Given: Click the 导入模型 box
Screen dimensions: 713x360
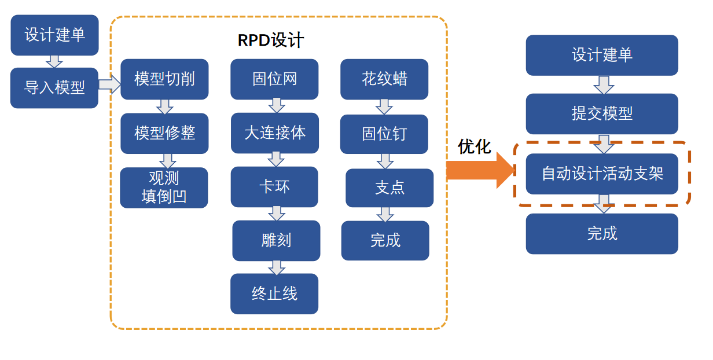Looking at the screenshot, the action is [54, 88].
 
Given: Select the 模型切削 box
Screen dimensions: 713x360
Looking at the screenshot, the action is [164, 79].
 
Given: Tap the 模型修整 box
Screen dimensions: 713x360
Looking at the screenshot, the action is [164, 133].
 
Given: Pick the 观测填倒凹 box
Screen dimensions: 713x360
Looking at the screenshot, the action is [164, 188].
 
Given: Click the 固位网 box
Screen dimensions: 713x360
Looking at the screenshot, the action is [274, 79].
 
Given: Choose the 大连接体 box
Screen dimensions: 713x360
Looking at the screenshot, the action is [275, 133].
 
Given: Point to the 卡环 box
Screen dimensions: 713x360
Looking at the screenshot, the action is [274, 187].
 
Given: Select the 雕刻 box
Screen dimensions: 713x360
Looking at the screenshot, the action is [276, 241].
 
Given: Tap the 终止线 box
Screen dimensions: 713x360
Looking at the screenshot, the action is [274, 294].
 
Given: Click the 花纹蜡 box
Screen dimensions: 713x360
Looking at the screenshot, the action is [384, 79].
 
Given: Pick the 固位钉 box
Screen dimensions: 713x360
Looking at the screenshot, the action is [384, 134].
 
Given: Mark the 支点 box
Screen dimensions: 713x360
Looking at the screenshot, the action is [389, 188].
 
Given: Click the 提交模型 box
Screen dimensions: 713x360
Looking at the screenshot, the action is [602, 113].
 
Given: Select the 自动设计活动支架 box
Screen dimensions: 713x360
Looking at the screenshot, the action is [602, 174].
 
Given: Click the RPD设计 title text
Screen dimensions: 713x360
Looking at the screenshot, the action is [271, 41].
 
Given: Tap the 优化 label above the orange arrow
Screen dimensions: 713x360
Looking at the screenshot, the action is [475, 147].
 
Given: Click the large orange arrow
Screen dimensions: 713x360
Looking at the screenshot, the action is [480, 170].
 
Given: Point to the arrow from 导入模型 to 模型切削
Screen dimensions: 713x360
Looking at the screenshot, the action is [109, 85].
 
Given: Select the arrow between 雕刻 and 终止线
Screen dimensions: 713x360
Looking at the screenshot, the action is [277, 267].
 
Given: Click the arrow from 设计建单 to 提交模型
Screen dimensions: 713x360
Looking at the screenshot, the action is [604, 85].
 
